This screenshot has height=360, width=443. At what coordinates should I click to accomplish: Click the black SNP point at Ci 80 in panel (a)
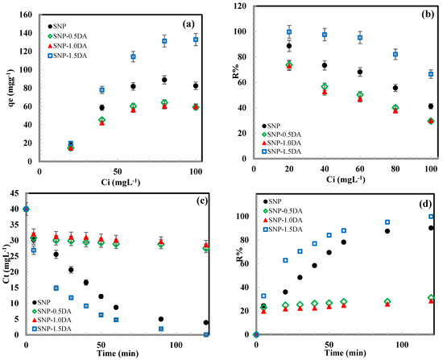coord(164,80)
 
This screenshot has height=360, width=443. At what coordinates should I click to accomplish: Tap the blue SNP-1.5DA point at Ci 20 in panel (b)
coord(289,32)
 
